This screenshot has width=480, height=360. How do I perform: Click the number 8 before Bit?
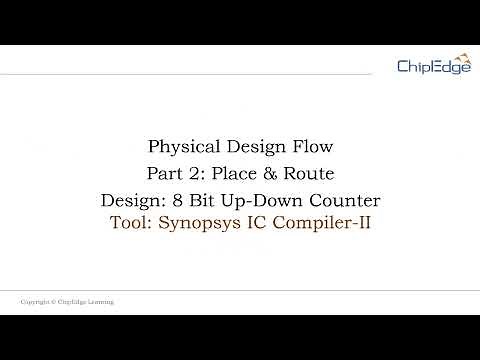188,199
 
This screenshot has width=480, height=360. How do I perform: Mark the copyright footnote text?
67,301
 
